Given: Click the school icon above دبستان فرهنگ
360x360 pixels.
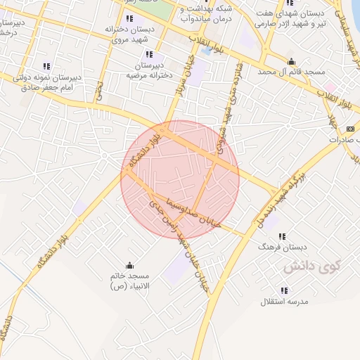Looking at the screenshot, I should pos(283,237).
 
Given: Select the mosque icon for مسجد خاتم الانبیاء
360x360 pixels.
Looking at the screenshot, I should pos(129,265).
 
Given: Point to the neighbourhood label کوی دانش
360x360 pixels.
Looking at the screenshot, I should pos(311,267).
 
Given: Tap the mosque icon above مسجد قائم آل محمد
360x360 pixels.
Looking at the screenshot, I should pos(291,61).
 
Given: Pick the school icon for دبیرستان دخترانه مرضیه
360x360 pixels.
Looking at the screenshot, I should pos(148,54).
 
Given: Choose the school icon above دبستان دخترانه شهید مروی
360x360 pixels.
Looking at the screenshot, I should pos(129,18).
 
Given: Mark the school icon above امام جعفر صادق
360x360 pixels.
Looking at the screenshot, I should pos(47,66).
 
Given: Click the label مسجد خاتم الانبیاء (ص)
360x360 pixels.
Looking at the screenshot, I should pos(129,281).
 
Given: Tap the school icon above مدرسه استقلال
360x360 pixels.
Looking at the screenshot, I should pos(284,290).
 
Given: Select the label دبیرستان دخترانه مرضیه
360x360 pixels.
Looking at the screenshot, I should pos(148,69).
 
